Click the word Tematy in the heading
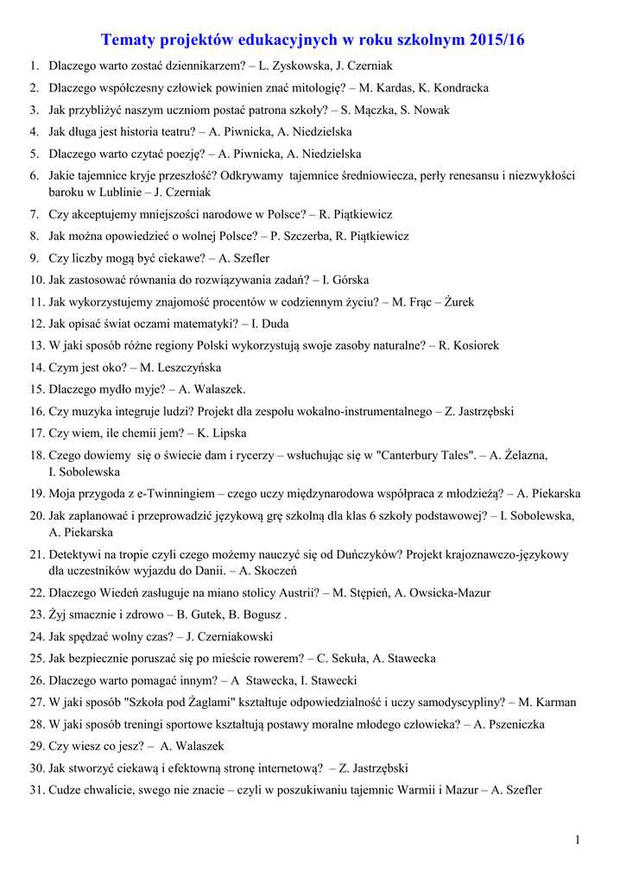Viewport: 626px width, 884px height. (x=130, y=41)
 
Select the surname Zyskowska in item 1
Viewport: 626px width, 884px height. (x=301, y=66)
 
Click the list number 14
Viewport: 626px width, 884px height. (x=36, y=368)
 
